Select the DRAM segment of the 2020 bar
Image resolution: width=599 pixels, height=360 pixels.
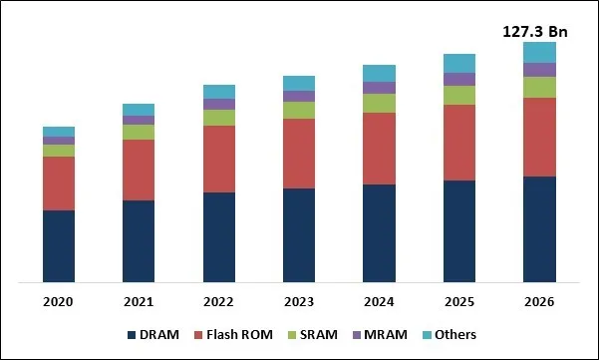click(59, 246)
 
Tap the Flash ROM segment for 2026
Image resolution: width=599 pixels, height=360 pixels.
click(539, 137)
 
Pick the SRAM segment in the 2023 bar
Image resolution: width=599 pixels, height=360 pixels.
click(299, 110)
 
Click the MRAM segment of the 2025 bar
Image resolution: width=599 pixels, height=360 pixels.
click(459, 79)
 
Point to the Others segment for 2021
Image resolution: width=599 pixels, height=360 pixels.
click(139, 110)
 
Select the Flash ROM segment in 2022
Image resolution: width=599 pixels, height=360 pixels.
click(219, 159)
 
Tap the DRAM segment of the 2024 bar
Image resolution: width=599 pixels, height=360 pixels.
click(379, 233)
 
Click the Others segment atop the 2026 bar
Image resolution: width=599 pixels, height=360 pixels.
click(539, 52)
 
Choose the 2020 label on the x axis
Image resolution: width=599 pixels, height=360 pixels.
click(59, 301)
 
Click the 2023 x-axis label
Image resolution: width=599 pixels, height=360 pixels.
click(299, 301)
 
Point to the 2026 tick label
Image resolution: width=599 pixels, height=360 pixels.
click(539, 301)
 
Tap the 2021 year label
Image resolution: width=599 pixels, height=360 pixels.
click(139, 301)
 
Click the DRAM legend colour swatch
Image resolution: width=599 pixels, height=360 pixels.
click(133, 335)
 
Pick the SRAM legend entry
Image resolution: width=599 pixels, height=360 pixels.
click(317, 335)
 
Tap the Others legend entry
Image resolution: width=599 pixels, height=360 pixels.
click(455, 335)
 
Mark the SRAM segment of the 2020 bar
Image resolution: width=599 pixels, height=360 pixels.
click(59, 151)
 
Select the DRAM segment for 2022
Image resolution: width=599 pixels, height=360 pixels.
click(219, 237)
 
